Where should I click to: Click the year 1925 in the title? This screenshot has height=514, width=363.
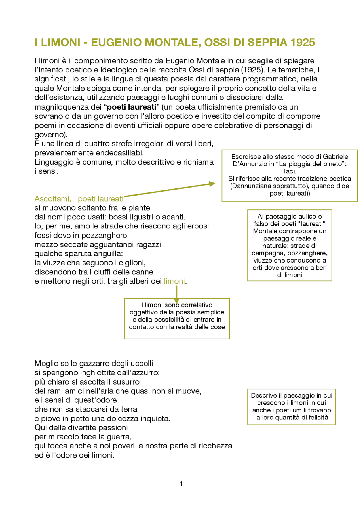coord(303,42)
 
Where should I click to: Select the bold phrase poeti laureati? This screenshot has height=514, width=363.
coord(131,107)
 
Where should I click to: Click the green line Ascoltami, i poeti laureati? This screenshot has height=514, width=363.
coord(79,199)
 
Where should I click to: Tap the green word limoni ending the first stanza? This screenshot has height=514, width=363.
coord(174,281)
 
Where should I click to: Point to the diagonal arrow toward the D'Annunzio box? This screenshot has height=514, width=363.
coord(170,190)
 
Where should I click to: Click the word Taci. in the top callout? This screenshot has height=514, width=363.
coord(290,171)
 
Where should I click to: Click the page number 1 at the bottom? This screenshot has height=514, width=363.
coord(181,484)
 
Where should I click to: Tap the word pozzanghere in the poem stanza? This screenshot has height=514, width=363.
coord(109,236)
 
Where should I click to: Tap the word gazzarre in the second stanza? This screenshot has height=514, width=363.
coord(94,364)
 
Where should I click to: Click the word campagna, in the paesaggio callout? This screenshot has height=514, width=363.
coord(265,253)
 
